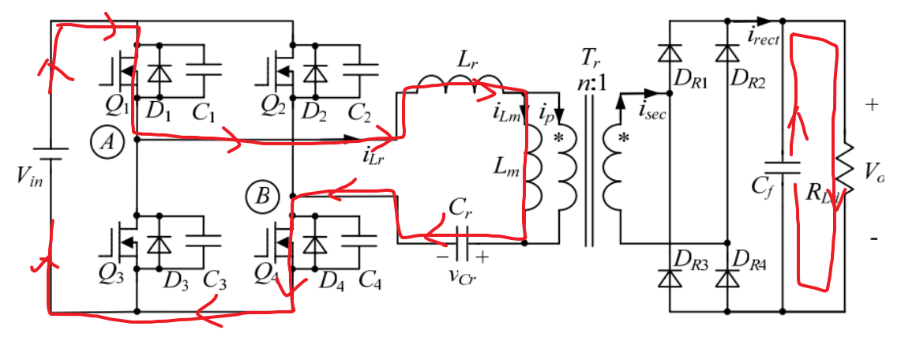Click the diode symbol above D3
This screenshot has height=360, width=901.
click(163, 243)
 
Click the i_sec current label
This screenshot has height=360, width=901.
click(652, 114)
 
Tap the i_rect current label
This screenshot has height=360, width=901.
click(762, 33)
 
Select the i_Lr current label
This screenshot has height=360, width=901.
click(373, 155)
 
